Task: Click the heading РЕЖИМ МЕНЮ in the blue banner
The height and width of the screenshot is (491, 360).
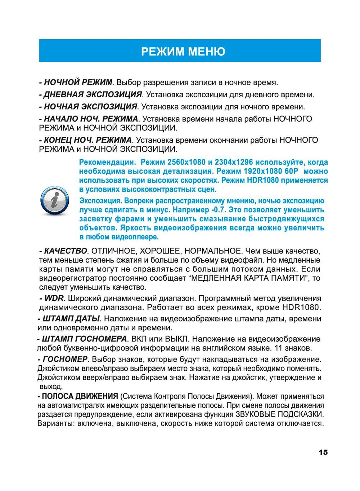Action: tap(183, 51)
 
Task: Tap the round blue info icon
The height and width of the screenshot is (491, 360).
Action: tap(55, 201)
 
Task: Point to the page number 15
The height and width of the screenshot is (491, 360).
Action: tap(323, 452)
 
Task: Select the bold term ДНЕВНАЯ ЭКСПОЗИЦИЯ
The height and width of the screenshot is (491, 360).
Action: tap(92, 95)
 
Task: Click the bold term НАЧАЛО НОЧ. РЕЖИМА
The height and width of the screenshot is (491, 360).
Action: tap(91, 119)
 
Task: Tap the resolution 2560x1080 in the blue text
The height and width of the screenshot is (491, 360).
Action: tap(186, 162)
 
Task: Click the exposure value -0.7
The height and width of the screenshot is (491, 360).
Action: tap(219, 210)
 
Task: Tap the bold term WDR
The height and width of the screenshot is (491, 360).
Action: tap(54, 298)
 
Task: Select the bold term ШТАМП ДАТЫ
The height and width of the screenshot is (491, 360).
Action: tap(71, 319)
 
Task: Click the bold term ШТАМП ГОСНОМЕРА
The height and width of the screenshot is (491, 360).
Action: tap(84, 339)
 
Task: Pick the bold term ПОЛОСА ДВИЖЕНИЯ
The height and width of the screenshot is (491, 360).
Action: tap(80, 396)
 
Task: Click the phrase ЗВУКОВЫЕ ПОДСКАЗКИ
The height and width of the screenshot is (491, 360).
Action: tap(280, 414)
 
